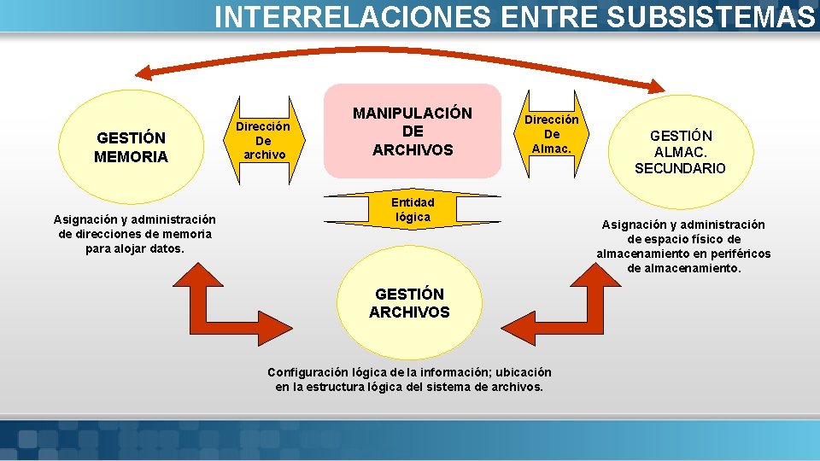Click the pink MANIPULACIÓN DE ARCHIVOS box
point(413,131)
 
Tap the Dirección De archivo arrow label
point(263,140)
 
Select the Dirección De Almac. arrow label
point(552,134)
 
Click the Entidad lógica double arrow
point(413,210)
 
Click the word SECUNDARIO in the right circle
point(680,168)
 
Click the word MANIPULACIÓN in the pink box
point(413,114)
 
